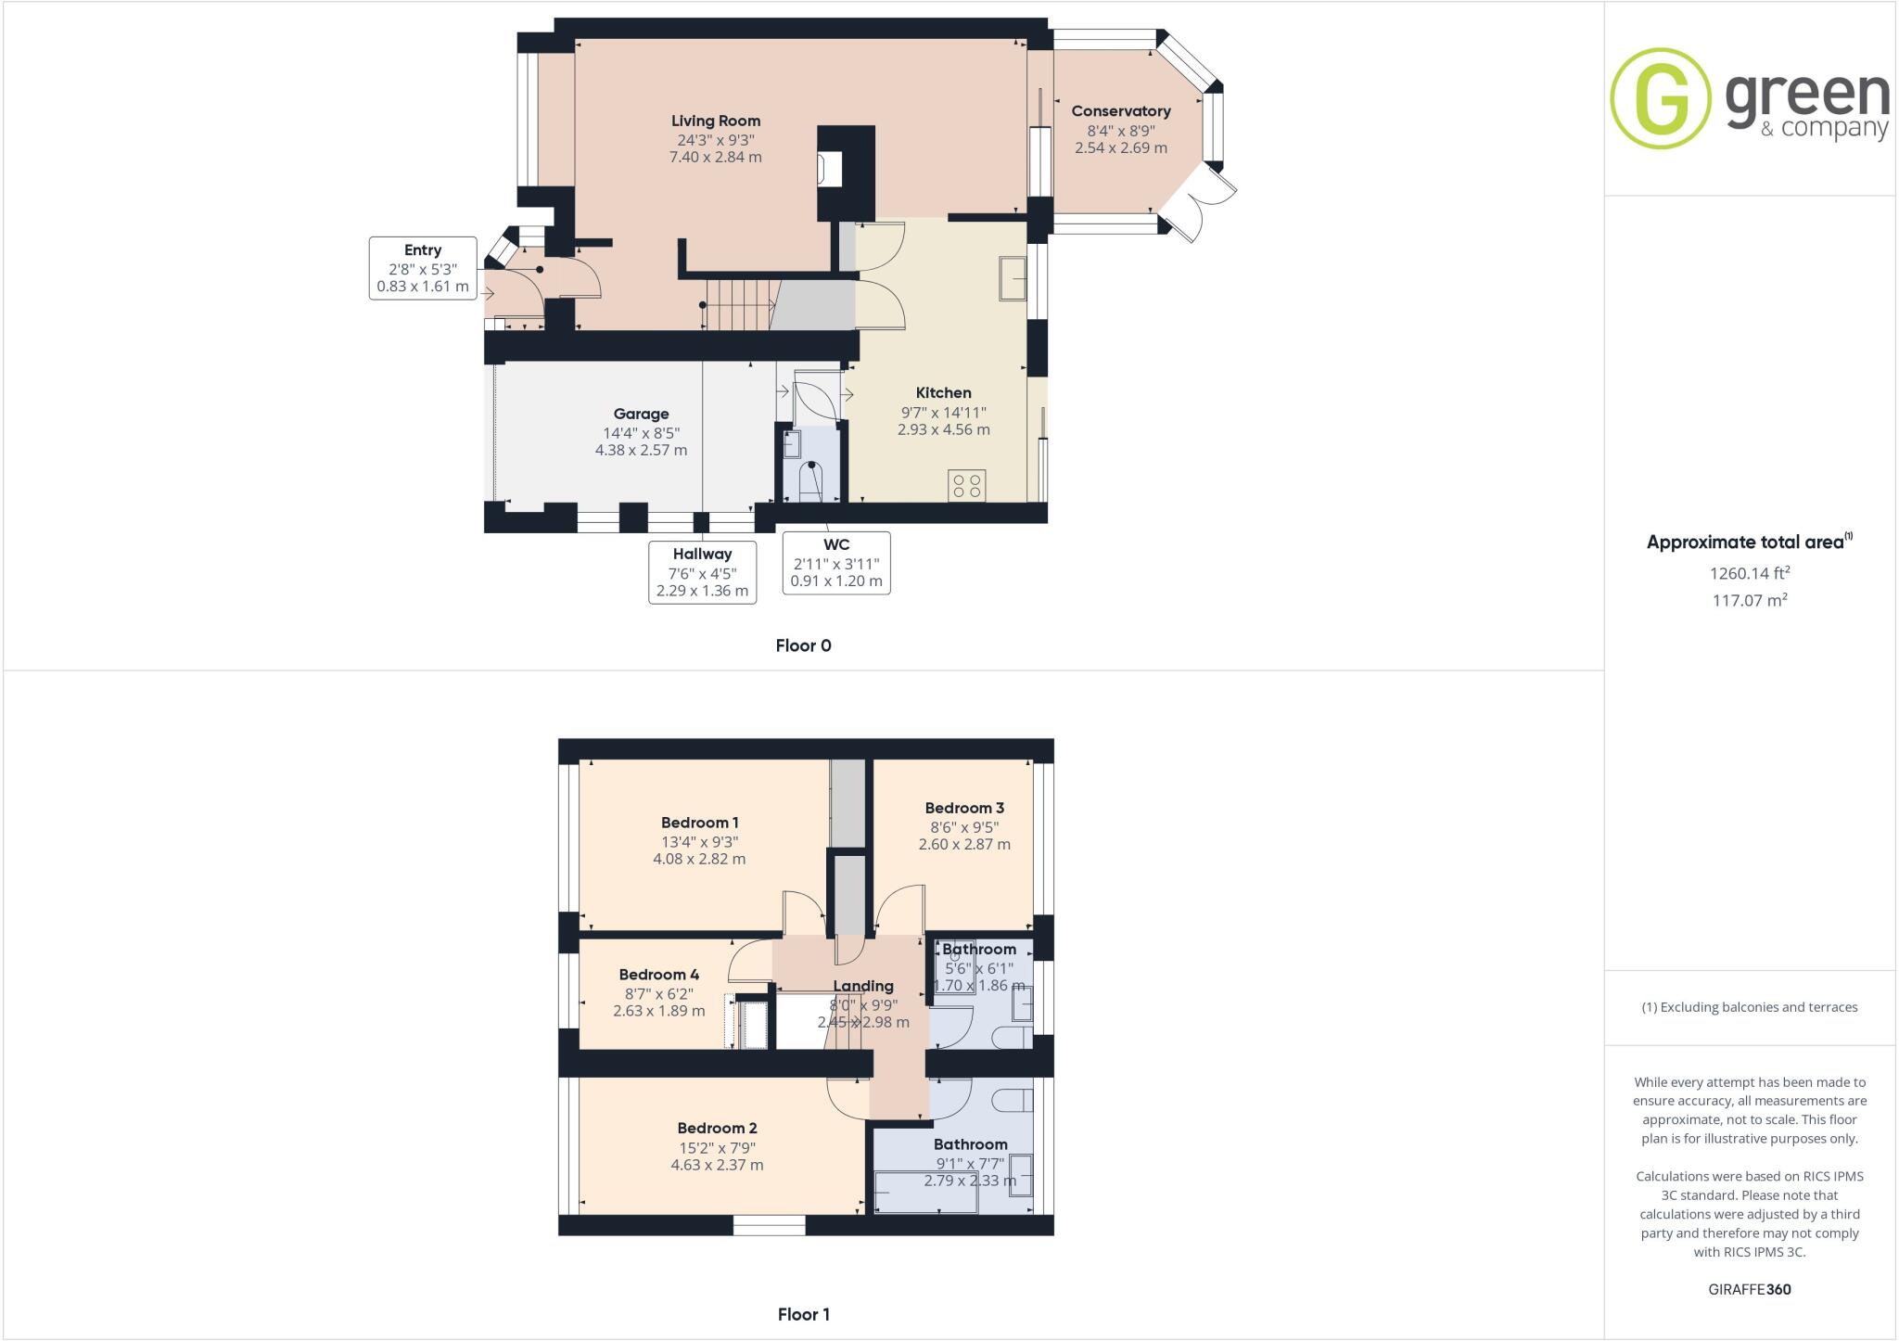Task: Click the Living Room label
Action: click(x=715, y=121)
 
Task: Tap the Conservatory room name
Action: click(x=1120, y=111)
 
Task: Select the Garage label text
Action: click(x=641, y=414)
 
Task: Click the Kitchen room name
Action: click(x=943, y=393)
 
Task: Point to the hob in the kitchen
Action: click(x=966, y=486)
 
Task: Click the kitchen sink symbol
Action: click(x=1013, y=278)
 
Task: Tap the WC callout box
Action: click(x=835, y=562)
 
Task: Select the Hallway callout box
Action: click(x=702, y=571)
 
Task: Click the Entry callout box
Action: click(x=423, y=268)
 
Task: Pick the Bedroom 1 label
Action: click(x=699, y=823)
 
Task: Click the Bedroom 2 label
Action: click(x=717, y=1128)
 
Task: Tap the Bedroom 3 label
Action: click(x=964, y=808)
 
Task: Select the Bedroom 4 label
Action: click(x=658, y=975)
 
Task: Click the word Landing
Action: click(x=862, y=986)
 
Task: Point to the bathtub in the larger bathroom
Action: click(x=925, y=1192)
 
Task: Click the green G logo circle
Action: click(x=1660, y=98)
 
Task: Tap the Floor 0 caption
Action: click(x=803, y=645)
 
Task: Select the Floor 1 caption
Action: click(x=803, y=1314)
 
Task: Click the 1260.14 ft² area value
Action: click(x=1749, y=573)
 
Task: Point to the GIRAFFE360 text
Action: click(x=1749, y=1289)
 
